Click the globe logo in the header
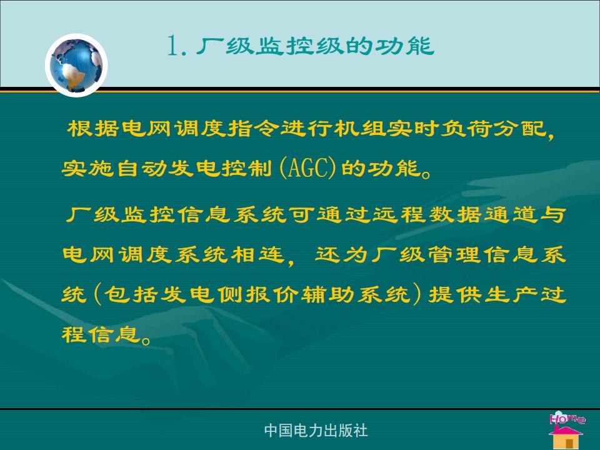coord(76,65)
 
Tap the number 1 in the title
coord(172,46)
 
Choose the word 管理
coord(453,254)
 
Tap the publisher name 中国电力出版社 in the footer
coord(316,431)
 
